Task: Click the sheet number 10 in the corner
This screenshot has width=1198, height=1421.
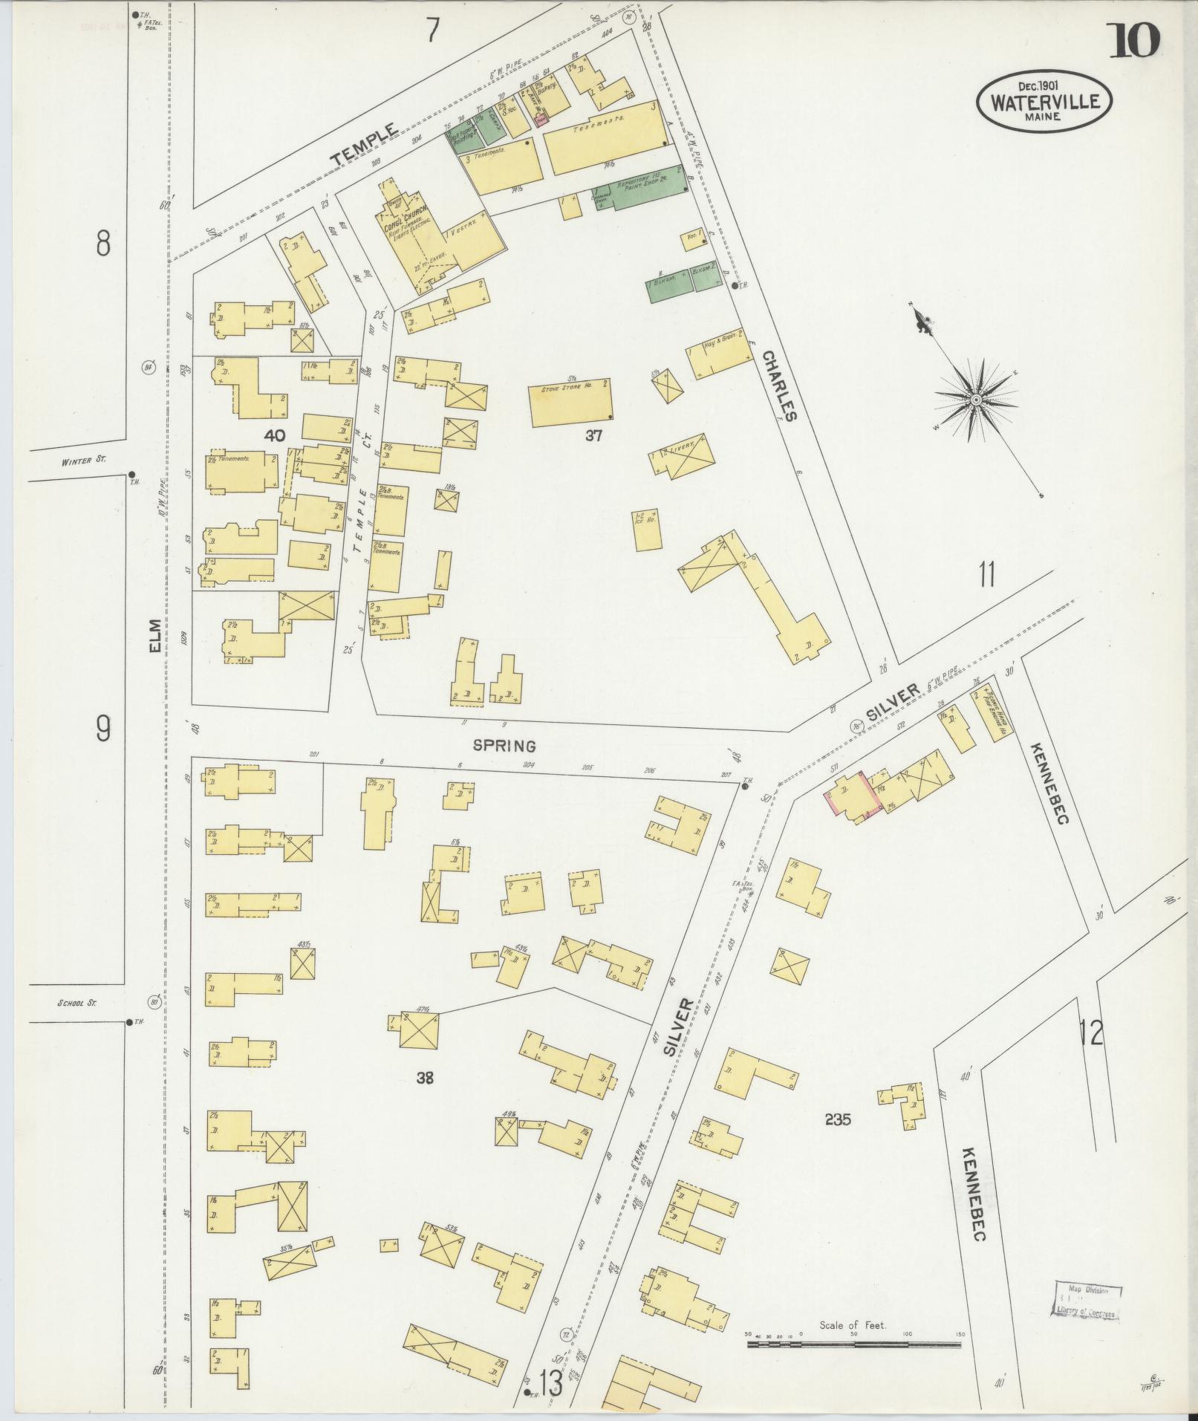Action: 1133,40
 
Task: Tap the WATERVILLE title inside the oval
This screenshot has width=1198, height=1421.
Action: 1044,102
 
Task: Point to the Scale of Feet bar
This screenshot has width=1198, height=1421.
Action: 853,825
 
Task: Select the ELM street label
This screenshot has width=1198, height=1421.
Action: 155,637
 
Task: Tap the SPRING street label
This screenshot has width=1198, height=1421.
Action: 504,746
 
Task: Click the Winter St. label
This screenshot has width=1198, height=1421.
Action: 84,461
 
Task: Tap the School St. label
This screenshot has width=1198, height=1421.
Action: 78,1003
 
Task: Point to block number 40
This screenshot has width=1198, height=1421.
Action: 274,436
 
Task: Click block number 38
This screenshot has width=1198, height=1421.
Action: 424,1078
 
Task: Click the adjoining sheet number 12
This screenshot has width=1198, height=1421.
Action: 1091,1033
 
